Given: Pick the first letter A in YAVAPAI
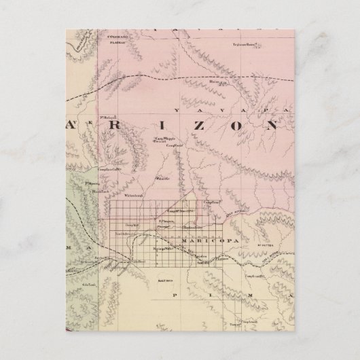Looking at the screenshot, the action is (197, 109).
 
